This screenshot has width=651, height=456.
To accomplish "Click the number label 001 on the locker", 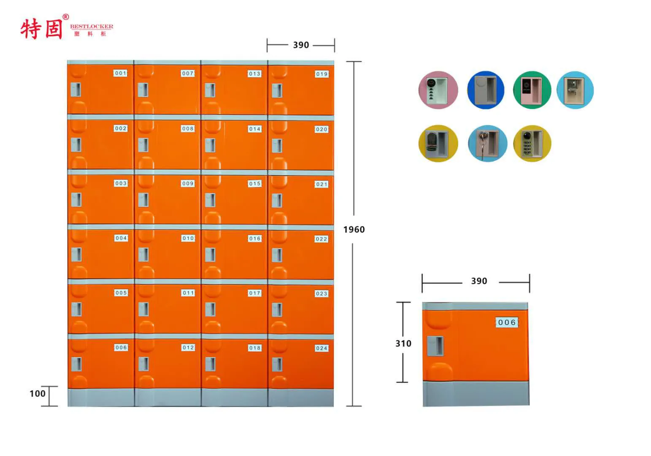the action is [121, 73].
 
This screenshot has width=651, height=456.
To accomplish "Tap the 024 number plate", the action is [321, 348].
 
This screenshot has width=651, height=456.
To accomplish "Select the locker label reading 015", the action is [255, 184].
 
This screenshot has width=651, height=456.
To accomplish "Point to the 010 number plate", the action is [188, 238].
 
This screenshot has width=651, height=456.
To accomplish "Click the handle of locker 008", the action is [143, 145].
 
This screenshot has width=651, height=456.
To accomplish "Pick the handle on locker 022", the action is [277, 255].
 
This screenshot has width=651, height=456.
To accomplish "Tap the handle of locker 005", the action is [76, 309].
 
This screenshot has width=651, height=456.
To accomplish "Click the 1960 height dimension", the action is [354, 230].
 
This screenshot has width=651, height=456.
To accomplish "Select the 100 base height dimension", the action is [37, 394].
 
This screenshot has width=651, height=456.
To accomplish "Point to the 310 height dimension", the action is [403, 344].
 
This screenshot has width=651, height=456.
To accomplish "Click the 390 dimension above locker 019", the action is [301, 45].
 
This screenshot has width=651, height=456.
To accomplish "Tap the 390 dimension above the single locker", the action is [479, 281].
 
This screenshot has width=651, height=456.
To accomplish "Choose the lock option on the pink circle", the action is [438, 90].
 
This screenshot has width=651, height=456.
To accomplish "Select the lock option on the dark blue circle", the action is [486, 90].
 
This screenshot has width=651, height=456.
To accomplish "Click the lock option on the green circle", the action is [532, 90].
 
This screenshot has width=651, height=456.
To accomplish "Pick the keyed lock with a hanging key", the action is [487, 143].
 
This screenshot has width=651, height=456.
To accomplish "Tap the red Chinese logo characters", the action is [41, 29].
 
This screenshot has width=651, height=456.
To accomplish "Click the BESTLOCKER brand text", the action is [92, 27].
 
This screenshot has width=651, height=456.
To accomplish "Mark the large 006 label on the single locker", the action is [507, 323].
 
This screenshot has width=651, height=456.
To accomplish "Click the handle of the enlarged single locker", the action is [435, 346].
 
